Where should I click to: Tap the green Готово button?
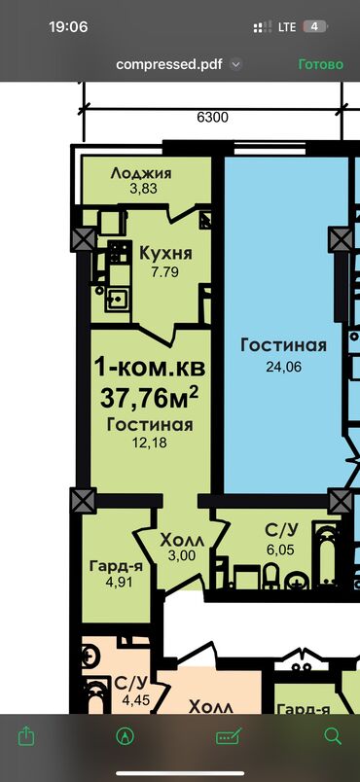[321, 64]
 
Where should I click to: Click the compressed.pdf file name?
[169, 64]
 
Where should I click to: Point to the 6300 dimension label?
[212, 117]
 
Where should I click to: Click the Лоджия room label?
[141, 173]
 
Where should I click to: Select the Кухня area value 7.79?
[164, 272]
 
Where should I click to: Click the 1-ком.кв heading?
[150, 368]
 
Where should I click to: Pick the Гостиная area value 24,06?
[284, 367]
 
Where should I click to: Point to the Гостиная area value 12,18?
[149, 444]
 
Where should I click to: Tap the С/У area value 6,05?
[279, 550]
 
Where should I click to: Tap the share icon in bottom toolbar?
[25, 735]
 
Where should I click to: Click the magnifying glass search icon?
[333, 735]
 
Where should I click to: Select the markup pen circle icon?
[125, 735]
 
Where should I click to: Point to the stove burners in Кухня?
[120, 252]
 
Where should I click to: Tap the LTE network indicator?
[287, 27]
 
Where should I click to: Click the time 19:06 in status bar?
[68, 27]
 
